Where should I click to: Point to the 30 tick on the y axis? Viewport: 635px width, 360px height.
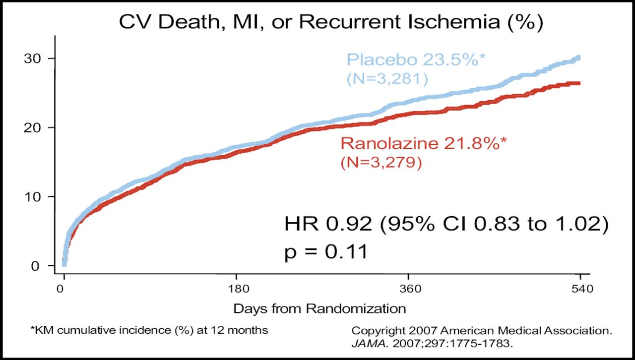(x=33, y=59)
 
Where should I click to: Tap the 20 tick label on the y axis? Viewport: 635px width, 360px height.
(x=33, y=127)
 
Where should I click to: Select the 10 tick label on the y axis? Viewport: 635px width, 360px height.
(x=33, y=197)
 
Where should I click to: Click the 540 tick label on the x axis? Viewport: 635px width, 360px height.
(x=580, y=289)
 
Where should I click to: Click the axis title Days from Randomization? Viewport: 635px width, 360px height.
(x=319, y=308)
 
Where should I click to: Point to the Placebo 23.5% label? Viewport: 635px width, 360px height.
(x=416, y=60)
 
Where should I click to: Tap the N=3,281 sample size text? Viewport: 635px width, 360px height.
(x=387, y=78)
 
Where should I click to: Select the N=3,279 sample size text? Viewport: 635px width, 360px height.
(x=381, y=162)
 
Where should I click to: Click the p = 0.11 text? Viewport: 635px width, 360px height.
(x=325, y=252)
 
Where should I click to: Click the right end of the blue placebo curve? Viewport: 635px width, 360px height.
(x=578, y=58)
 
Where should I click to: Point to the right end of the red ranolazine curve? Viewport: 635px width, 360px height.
(x=578, y=83)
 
